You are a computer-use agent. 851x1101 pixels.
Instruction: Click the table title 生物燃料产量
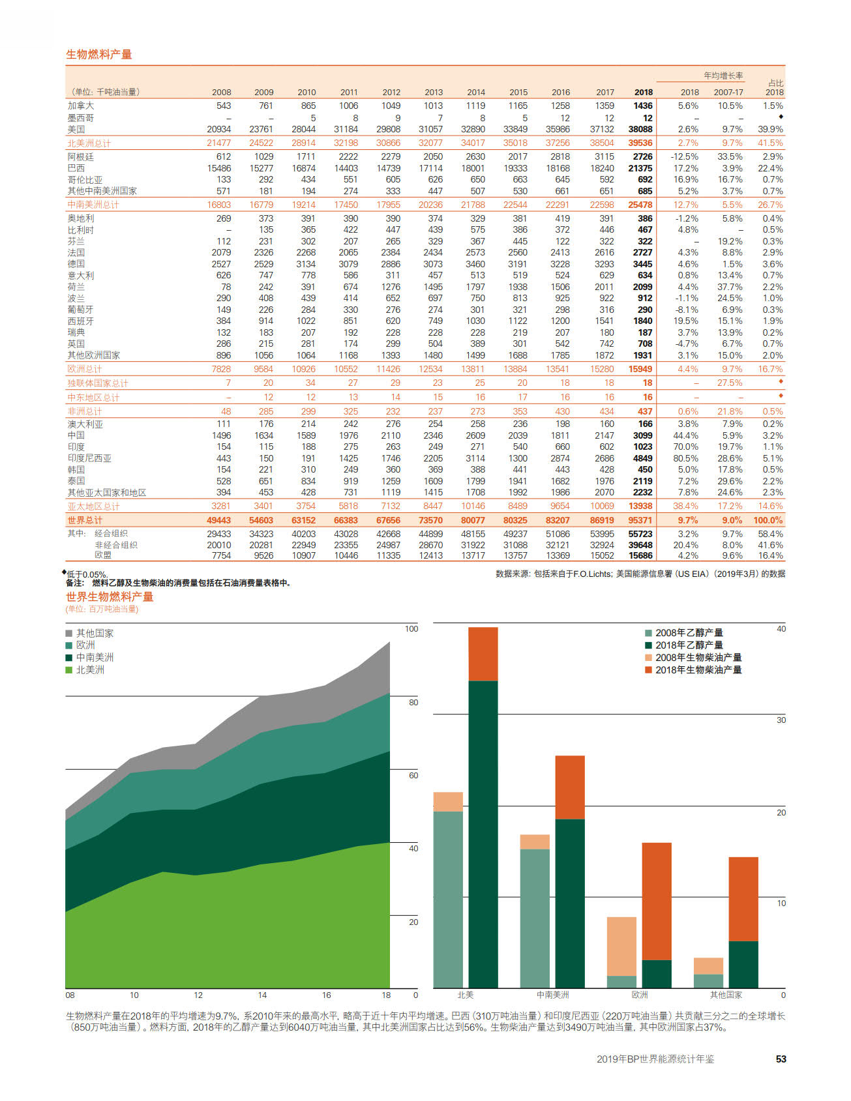(99, 54)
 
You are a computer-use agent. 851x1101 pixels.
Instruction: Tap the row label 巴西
(76, 168)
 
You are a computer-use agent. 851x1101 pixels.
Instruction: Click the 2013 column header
(434, 93)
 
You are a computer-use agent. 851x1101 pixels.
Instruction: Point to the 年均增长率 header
(723, 76)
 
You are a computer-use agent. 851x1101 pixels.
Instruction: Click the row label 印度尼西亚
(89, 458)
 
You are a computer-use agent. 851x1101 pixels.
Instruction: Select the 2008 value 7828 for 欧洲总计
(221, 369)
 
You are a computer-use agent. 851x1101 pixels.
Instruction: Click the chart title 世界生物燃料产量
(110, 596)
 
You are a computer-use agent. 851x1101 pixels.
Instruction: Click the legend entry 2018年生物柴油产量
(693, 669)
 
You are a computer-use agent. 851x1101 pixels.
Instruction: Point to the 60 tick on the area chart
(413, 775)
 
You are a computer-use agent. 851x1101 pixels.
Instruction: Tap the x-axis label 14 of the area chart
(262, 995)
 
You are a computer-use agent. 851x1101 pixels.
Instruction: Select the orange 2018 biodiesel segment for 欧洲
(657, 902)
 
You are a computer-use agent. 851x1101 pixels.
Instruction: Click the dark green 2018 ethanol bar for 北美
(483, 834)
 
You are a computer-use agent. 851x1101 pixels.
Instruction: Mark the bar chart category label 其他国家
(726, 995)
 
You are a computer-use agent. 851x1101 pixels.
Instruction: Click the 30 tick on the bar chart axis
(781, 720)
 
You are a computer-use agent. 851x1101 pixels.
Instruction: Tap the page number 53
(781, 1059)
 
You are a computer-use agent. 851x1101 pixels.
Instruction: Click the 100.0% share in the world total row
(768, 520)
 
